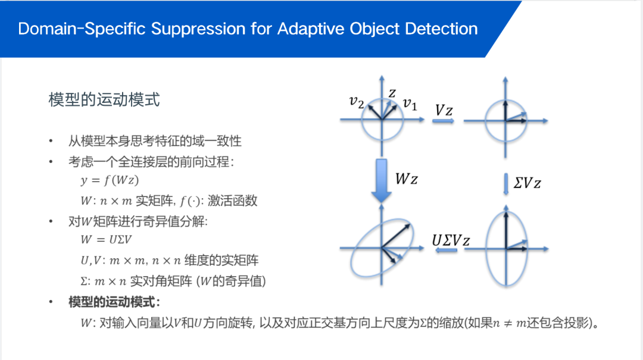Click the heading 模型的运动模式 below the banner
(104, 99)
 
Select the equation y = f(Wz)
(105, 180)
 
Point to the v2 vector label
(357, 102)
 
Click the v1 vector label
(410, 105)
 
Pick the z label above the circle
(392, 92)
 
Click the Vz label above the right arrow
(444, 110)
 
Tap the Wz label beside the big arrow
(407, 179)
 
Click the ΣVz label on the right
(527, 183)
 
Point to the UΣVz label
(451, 240)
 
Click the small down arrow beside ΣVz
(505, 181)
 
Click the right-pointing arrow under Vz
(444, 121)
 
